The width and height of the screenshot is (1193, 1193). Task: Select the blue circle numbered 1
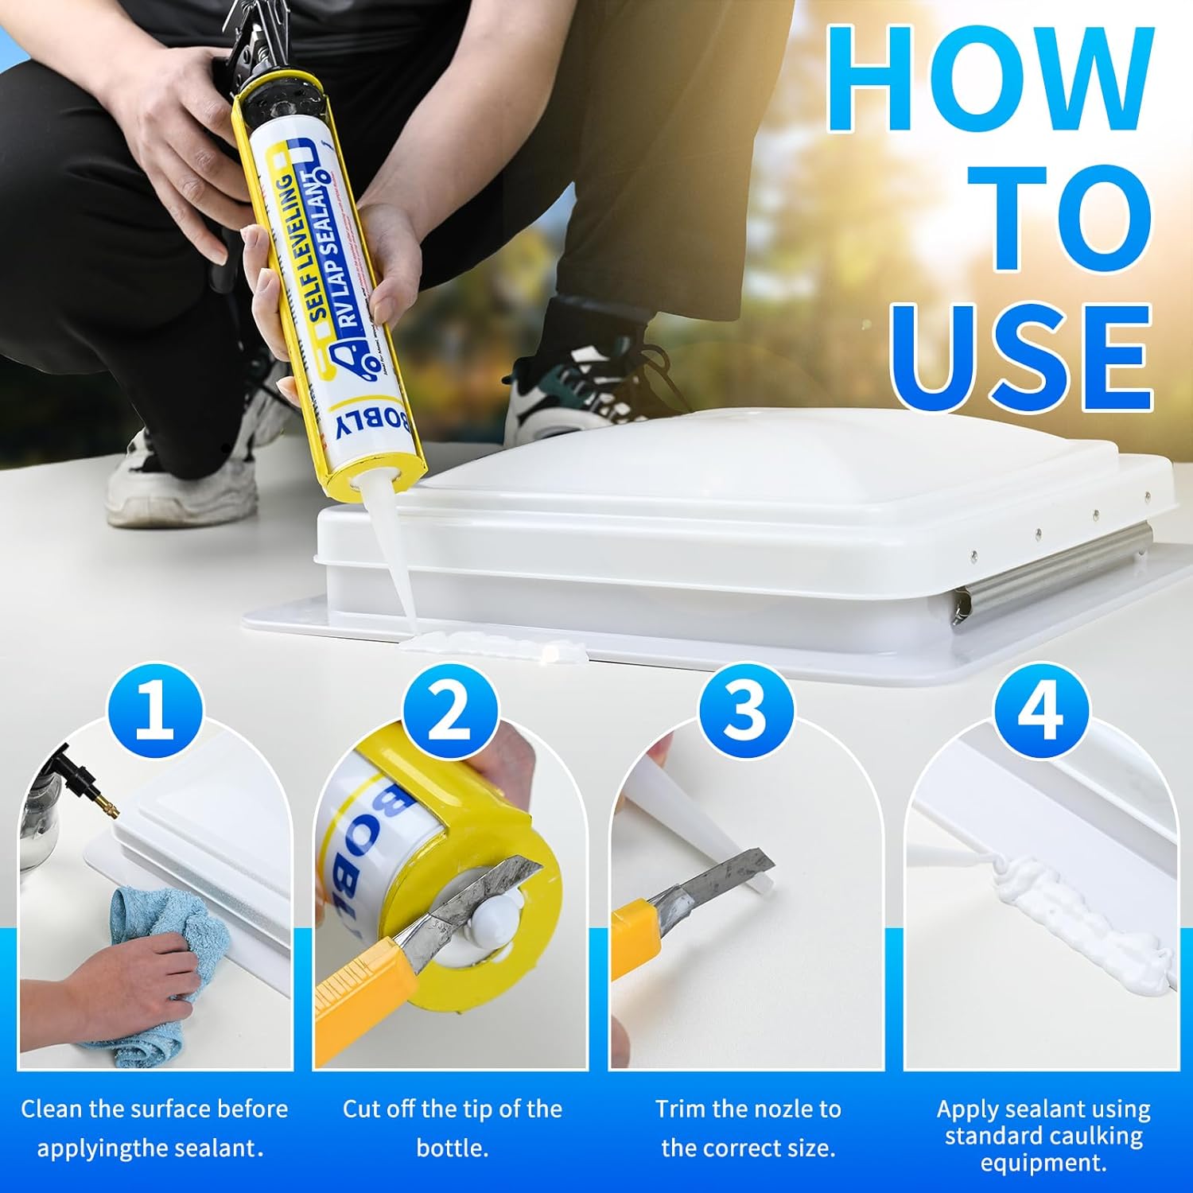(x=155, y=710)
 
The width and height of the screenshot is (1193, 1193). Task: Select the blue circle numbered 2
(x=450, y=710)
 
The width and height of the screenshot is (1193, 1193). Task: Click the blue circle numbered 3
(x=746, y=710)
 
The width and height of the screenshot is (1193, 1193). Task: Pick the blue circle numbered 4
(x=1040, y=710)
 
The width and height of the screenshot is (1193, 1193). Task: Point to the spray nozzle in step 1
(x=91, y=787)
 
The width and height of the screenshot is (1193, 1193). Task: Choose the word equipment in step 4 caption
(x=1042, y=1163)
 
